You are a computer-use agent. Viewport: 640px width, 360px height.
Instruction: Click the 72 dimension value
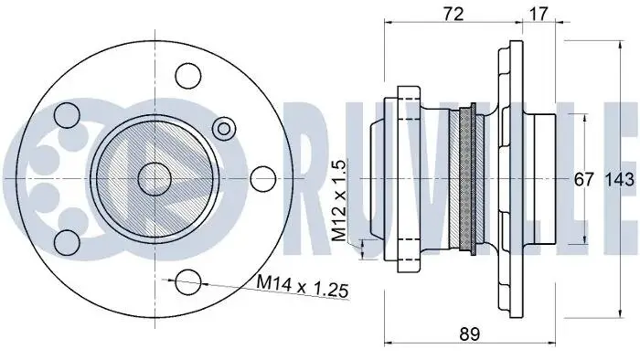coord(453,14)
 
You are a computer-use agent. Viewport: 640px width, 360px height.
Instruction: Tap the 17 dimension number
coord(539,14)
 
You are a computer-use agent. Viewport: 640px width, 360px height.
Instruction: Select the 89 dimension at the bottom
coord(470,334)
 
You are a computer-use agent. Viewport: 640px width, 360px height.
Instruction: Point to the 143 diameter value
coord(620,179)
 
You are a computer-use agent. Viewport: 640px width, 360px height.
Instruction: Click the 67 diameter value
coord(583,179)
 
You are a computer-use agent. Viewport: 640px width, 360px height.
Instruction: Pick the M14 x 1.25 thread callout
coord(303,286)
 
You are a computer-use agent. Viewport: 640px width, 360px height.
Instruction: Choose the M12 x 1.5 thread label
coord(339,201)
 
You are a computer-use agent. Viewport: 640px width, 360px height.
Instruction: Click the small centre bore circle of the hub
coord(155,179)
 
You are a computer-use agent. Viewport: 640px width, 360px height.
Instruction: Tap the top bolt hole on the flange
coord(188,76)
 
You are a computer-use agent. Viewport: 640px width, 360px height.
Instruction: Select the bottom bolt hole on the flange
coord(188,281)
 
